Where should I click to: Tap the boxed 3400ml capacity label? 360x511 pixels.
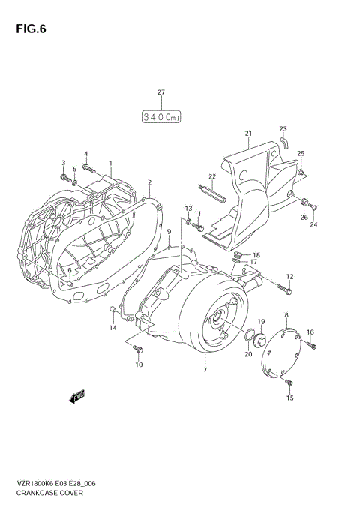pos(160,116)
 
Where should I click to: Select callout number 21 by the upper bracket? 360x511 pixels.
pos(247,134)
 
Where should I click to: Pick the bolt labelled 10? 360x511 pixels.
pos(136,349)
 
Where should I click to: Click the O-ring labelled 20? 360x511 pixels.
pos(248,335)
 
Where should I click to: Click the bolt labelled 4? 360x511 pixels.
pos(88,167)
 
